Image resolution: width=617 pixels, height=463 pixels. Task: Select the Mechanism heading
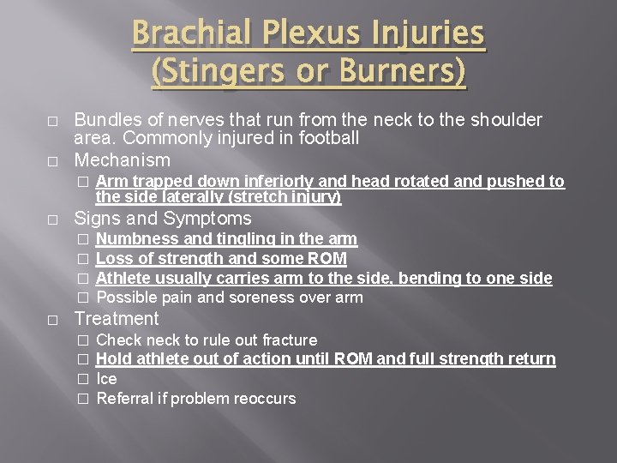tap(123, 160)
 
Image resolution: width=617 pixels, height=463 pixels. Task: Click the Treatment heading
tap(117, 319)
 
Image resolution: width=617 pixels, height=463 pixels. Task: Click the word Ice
tap(106, 378)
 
